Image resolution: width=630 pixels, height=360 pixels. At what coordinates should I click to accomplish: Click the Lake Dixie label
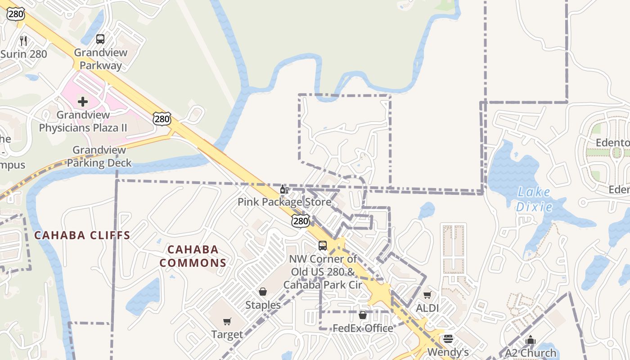tap(534, 199)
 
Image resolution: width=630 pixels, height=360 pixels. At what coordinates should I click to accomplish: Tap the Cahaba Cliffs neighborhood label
tap(82, 235)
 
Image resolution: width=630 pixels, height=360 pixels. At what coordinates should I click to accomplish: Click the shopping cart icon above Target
tap(227, 321)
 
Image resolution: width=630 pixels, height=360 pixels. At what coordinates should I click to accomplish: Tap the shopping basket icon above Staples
tap(263, 292)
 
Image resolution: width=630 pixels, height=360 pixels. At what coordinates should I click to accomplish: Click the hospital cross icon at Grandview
tap(83, 101)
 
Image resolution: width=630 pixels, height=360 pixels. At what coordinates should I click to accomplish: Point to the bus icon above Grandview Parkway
tap(100, 39)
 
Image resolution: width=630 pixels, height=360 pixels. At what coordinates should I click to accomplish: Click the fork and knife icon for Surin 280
tap(23, 41)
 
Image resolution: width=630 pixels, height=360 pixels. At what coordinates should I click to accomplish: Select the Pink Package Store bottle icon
tap(284, 189)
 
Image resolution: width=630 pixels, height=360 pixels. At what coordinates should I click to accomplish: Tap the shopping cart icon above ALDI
tap(427, 295)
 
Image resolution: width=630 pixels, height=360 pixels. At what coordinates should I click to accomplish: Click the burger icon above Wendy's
tap(448, 338)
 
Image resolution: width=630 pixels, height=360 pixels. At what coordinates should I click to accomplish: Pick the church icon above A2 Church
tap(531, 340)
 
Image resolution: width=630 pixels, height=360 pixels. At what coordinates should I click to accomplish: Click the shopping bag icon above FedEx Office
tap(363, 315)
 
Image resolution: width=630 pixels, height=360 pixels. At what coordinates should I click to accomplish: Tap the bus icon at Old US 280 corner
tap(323, 245)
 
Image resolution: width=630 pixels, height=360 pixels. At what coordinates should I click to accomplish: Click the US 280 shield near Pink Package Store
tap(300, 220)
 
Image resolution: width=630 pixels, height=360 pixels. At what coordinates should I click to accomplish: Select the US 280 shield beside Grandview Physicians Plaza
tap(162, 119)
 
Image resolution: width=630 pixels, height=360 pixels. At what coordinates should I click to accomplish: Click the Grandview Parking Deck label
tap(99, 156)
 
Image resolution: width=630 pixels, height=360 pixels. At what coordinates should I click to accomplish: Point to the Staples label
tap(263, 305)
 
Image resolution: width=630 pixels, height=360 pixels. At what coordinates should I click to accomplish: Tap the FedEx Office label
tap(363, 328)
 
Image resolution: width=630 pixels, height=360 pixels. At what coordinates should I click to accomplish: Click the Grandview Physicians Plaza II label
tap(83, 121)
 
